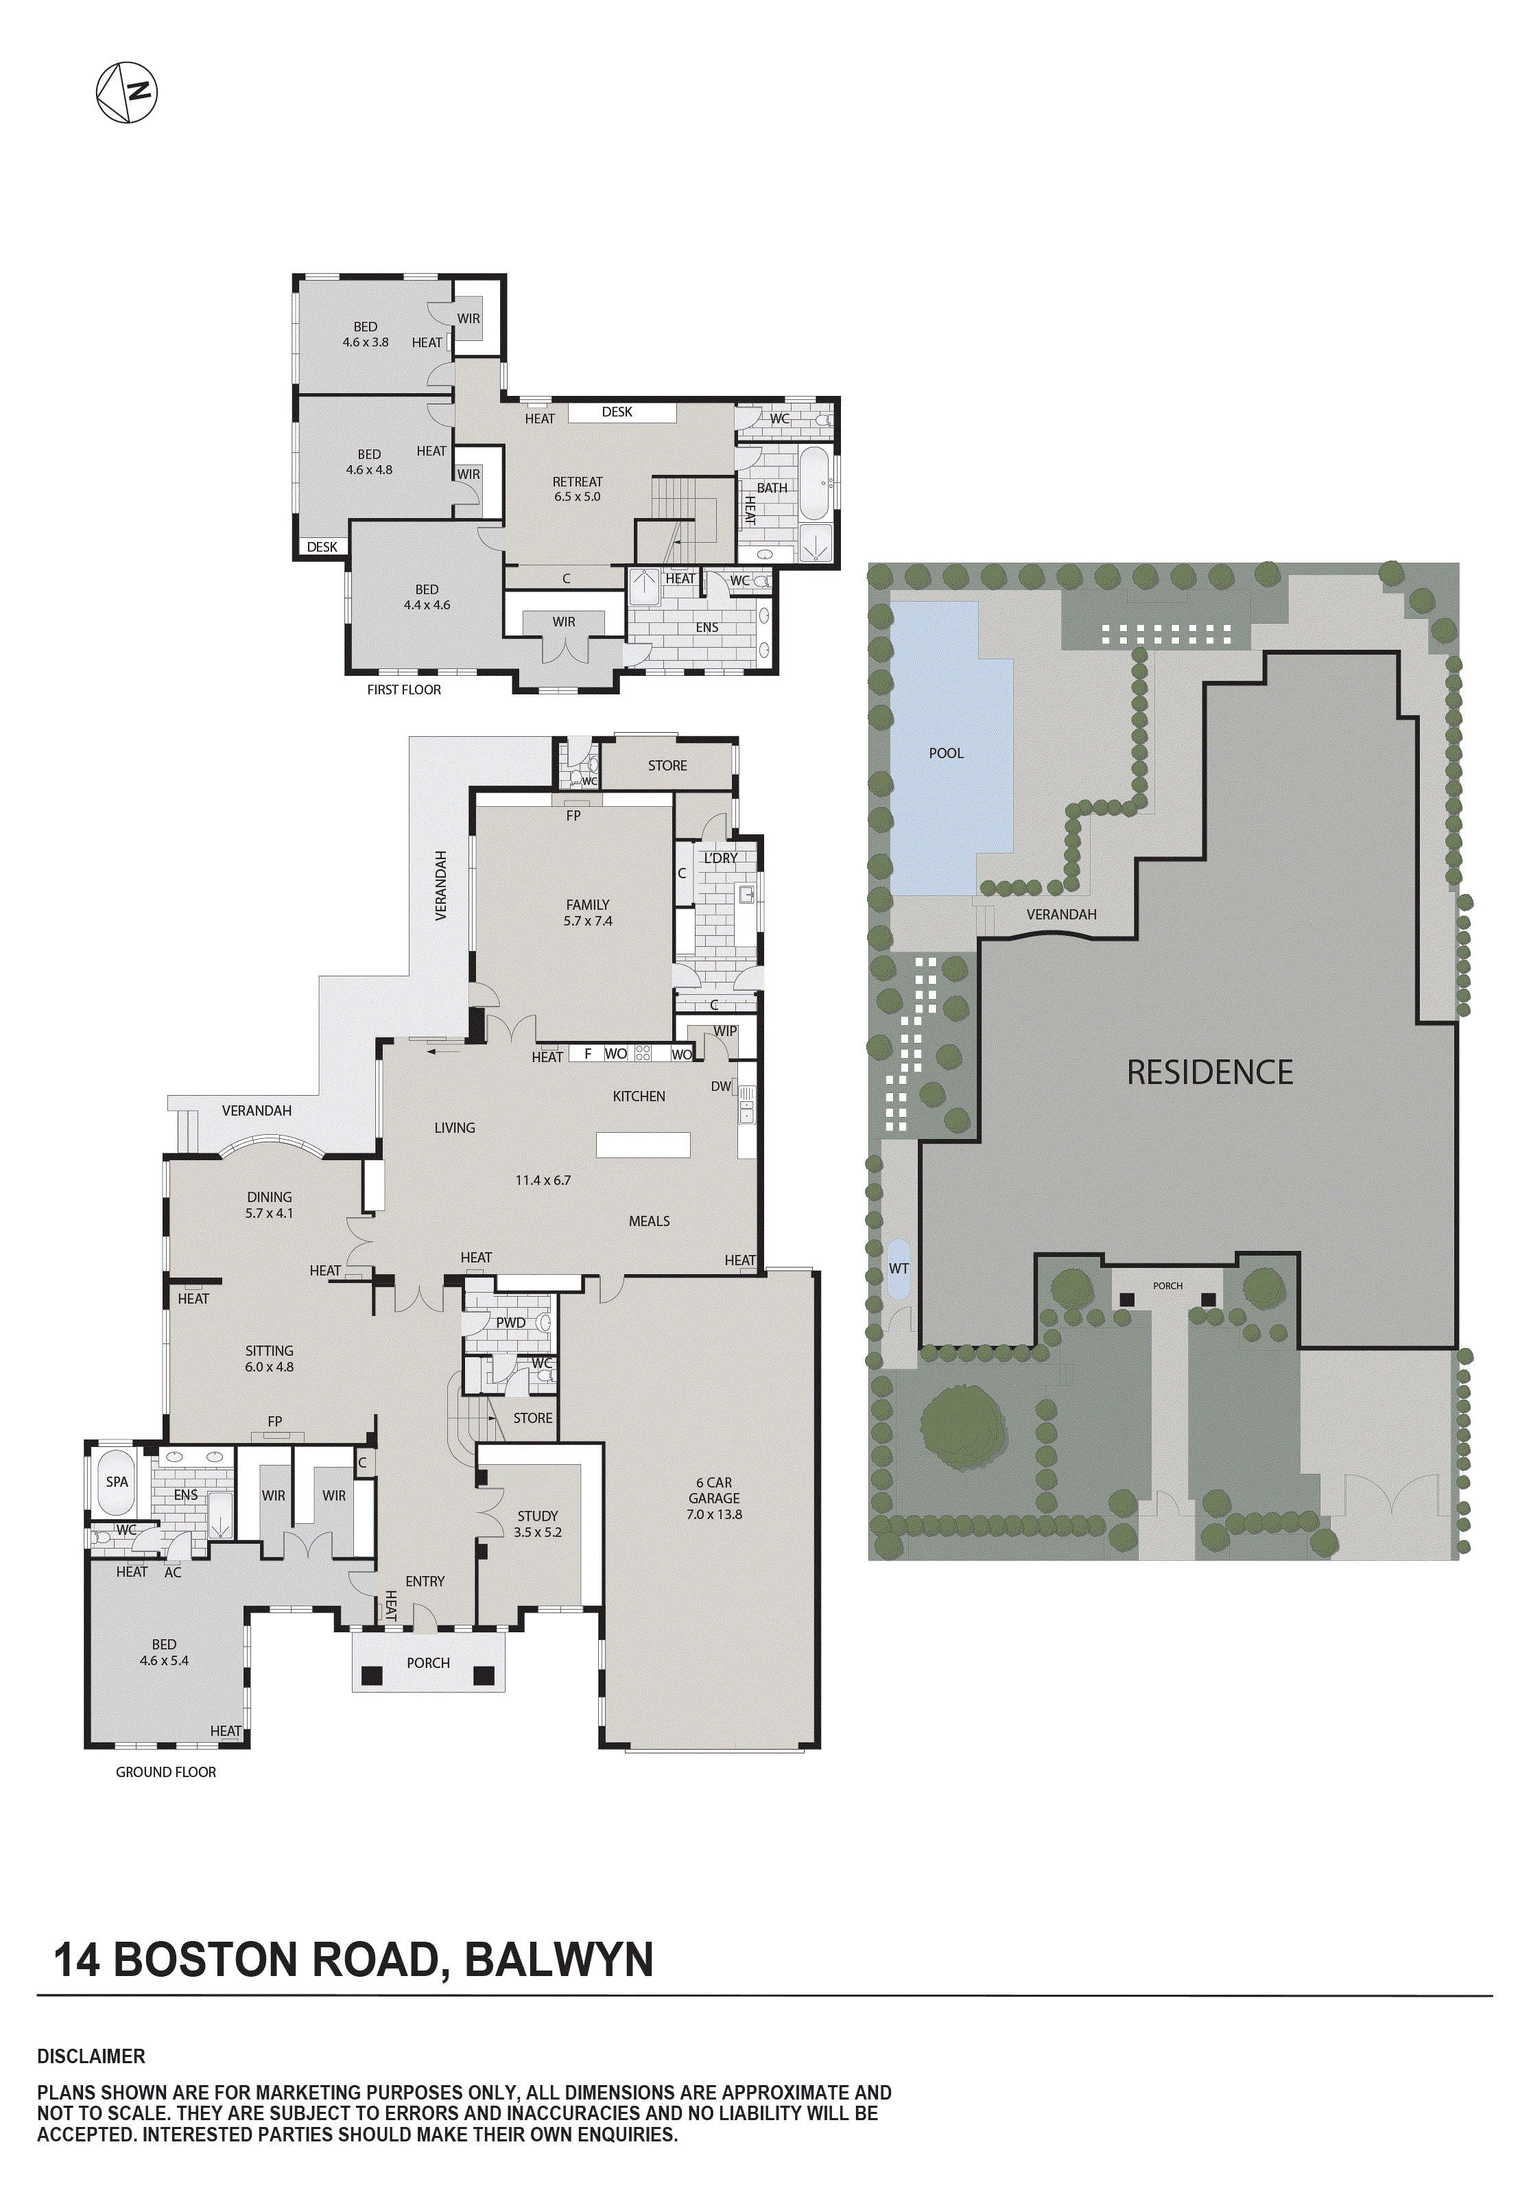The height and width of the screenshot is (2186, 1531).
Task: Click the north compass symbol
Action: click(127, 93)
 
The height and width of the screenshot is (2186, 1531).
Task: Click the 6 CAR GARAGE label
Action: click(714, 1498)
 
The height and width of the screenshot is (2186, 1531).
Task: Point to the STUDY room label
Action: click(537, 1516)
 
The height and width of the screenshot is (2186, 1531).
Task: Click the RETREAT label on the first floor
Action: click(577, 482)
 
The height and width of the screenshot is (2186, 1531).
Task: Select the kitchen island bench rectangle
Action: click(643, 1144)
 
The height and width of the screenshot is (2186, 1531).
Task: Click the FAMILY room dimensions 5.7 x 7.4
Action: click(587, 921)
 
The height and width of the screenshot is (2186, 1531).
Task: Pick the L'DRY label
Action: click(721, 858)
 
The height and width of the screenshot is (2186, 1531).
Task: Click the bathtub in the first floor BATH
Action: click(815, 483)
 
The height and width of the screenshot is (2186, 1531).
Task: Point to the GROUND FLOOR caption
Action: click(166, 1772)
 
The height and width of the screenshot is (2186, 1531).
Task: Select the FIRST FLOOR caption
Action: click(404, 690)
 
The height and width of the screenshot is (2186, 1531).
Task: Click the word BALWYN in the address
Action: click(559, 1960)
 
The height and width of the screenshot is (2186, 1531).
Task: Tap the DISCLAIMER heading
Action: click(91, 2056)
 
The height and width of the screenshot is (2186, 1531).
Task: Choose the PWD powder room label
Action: click(510, 1322)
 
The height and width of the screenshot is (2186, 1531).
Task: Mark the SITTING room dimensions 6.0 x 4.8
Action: click(270, 1366)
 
